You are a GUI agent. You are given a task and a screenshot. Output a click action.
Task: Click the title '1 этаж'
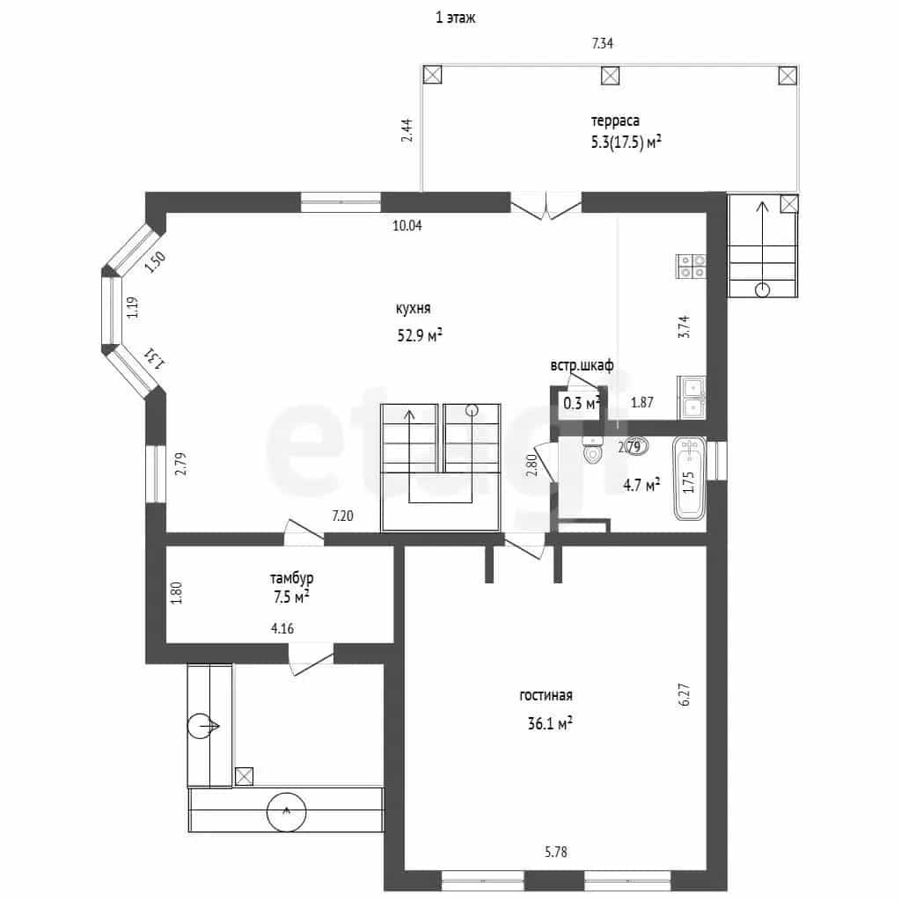pos(455,18)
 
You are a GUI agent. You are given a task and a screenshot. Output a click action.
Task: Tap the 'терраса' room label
pos(615,121)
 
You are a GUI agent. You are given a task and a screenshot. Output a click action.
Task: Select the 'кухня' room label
pos(413,309)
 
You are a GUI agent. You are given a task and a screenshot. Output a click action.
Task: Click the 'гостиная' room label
pos(546,695)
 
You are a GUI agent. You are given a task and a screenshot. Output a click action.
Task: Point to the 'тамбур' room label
pos(292,578)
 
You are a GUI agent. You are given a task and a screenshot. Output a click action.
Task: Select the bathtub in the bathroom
pos(690,479)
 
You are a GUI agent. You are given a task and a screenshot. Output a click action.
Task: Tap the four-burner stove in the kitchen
pos(692,266)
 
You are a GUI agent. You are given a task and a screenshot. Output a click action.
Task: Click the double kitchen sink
pos(692,398)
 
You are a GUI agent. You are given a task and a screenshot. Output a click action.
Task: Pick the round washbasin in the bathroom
pos(636,446)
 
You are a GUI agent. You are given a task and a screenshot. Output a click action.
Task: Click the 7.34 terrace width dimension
pos(602,43)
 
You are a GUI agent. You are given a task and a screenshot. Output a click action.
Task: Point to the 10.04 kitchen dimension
pos(407,226)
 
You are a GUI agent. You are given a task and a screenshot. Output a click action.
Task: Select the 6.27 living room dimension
pos(685,694)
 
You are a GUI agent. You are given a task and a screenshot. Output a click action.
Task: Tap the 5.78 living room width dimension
pos(556,852)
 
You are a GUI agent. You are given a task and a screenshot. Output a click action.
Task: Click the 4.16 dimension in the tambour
pos(282,628)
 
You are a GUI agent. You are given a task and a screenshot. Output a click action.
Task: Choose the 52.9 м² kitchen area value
pos(420,335)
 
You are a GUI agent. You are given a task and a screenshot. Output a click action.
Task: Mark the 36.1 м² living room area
pos(550,723)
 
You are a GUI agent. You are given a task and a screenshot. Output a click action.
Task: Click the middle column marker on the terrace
pos(611,76)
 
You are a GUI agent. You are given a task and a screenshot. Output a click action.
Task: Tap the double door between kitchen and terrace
pos(546,206)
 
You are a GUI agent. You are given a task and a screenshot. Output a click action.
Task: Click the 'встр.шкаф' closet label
pos(582,365)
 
